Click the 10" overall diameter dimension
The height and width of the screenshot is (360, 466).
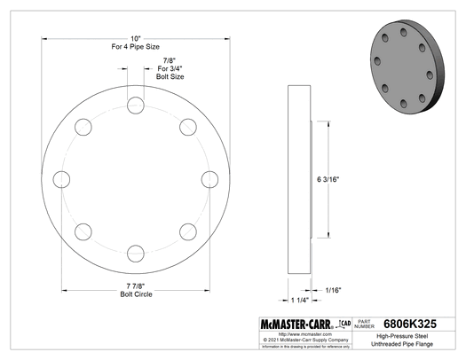coord(135,40)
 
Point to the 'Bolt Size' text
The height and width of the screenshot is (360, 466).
coord(170,78)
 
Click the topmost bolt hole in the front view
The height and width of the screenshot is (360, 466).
coord(135,104)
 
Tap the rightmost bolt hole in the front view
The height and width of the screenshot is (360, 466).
coord(210,179)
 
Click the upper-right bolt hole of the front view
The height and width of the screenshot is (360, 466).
coord(188,126)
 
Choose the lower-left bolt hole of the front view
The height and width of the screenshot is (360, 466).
coord(83,231)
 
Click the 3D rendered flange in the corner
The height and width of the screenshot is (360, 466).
coord(408,60)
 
